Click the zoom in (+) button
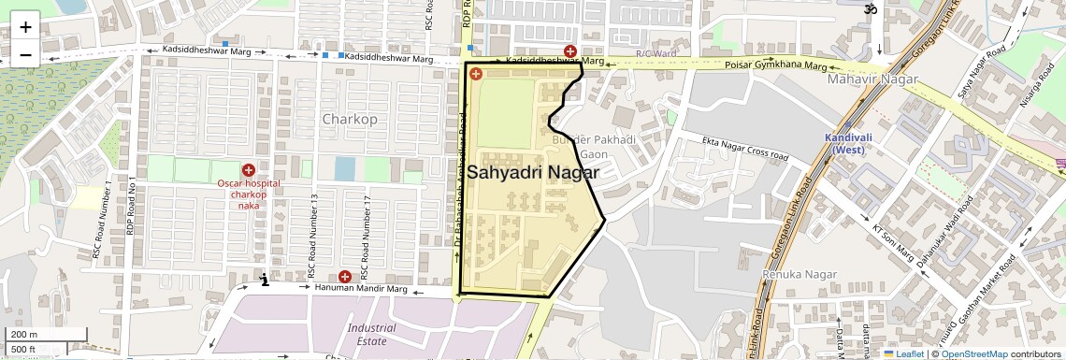25,26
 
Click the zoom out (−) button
25,54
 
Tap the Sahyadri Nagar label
533,172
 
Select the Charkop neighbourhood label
349,120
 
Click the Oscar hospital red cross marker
248,170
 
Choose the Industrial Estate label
371,335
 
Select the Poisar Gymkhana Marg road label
776,66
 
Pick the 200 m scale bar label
24,335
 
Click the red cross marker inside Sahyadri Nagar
475,74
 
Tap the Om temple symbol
869,9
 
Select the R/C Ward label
655,54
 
